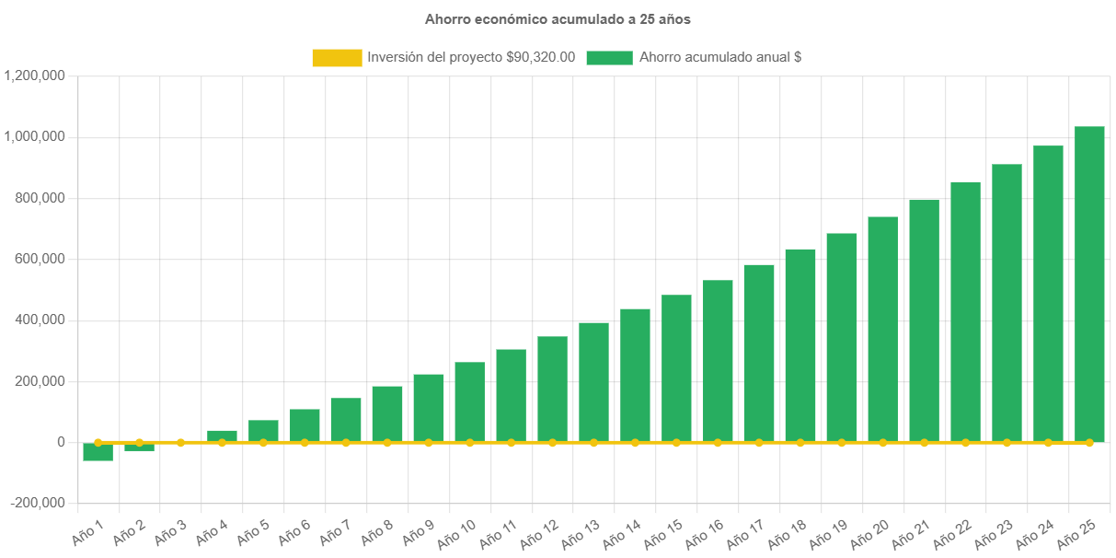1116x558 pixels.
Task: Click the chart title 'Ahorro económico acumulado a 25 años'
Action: point(558,18)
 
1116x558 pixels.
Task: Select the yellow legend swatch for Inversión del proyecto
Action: point(337,58)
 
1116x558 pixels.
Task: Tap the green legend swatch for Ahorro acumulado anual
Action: point(609,58)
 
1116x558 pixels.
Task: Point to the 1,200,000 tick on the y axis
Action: point(34,76)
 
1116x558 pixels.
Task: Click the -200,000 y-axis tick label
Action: point(38,503)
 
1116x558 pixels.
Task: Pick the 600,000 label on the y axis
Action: point(41,259)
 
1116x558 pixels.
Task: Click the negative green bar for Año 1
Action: point(98,452)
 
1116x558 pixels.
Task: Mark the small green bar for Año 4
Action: point(222,436)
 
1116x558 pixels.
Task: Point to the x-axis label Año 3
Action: point(170,532)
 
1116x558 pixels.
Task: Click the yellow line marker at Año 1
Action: point(98,442)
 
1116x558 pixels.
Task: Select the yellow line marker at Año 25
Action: point(1089,443)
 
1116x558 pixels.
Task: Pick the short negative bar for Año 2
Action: point(139,448)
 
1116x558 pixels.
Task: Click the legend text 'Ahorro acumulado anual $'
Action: point(720,57)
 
